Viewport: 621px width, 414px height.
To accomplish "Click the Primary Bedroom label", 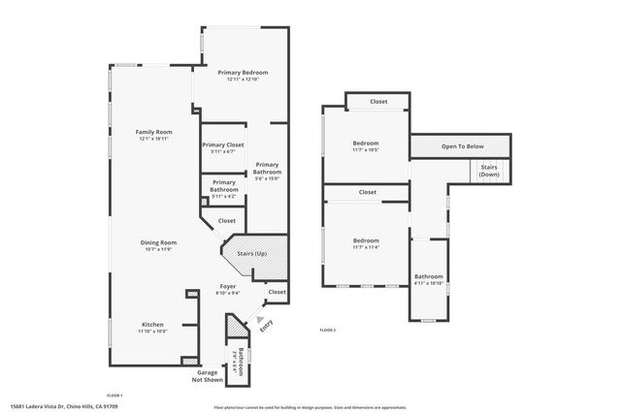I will [243, 73].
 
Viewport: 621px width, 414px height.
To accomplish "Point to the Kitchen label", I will [153, 324].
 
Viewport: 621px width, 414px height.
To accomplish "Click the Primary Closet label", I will [223, 144].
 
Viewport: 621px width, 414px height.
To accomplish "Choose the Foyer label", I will [227, 286].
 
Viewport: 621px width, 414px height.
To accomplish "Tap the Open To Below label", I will [463, 146].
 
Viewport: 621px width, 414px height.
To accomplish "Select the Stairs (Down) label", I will [489, 171].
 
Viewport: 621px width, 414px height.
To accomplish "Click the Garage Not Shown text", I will [208, 376].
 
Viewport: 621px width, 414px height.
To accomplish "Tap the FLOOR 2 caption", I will [328, 331].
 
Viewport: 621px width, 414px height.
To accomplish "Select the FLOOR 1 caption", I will [114, 396].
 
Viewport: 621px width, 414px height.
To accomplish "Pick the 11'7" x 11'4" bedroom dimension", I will [366, 246].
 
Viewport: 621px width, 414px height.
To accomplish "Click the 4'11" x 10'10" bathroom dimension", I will [429, 283].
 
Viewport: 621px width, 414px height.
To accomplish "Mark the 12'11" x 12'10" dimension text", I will [243, 80].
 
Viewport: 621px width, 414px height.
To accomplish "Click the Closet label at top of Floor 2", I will [378, 101].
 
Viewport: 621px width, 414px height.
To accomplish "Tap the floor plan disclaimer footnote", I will [310, 407].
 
